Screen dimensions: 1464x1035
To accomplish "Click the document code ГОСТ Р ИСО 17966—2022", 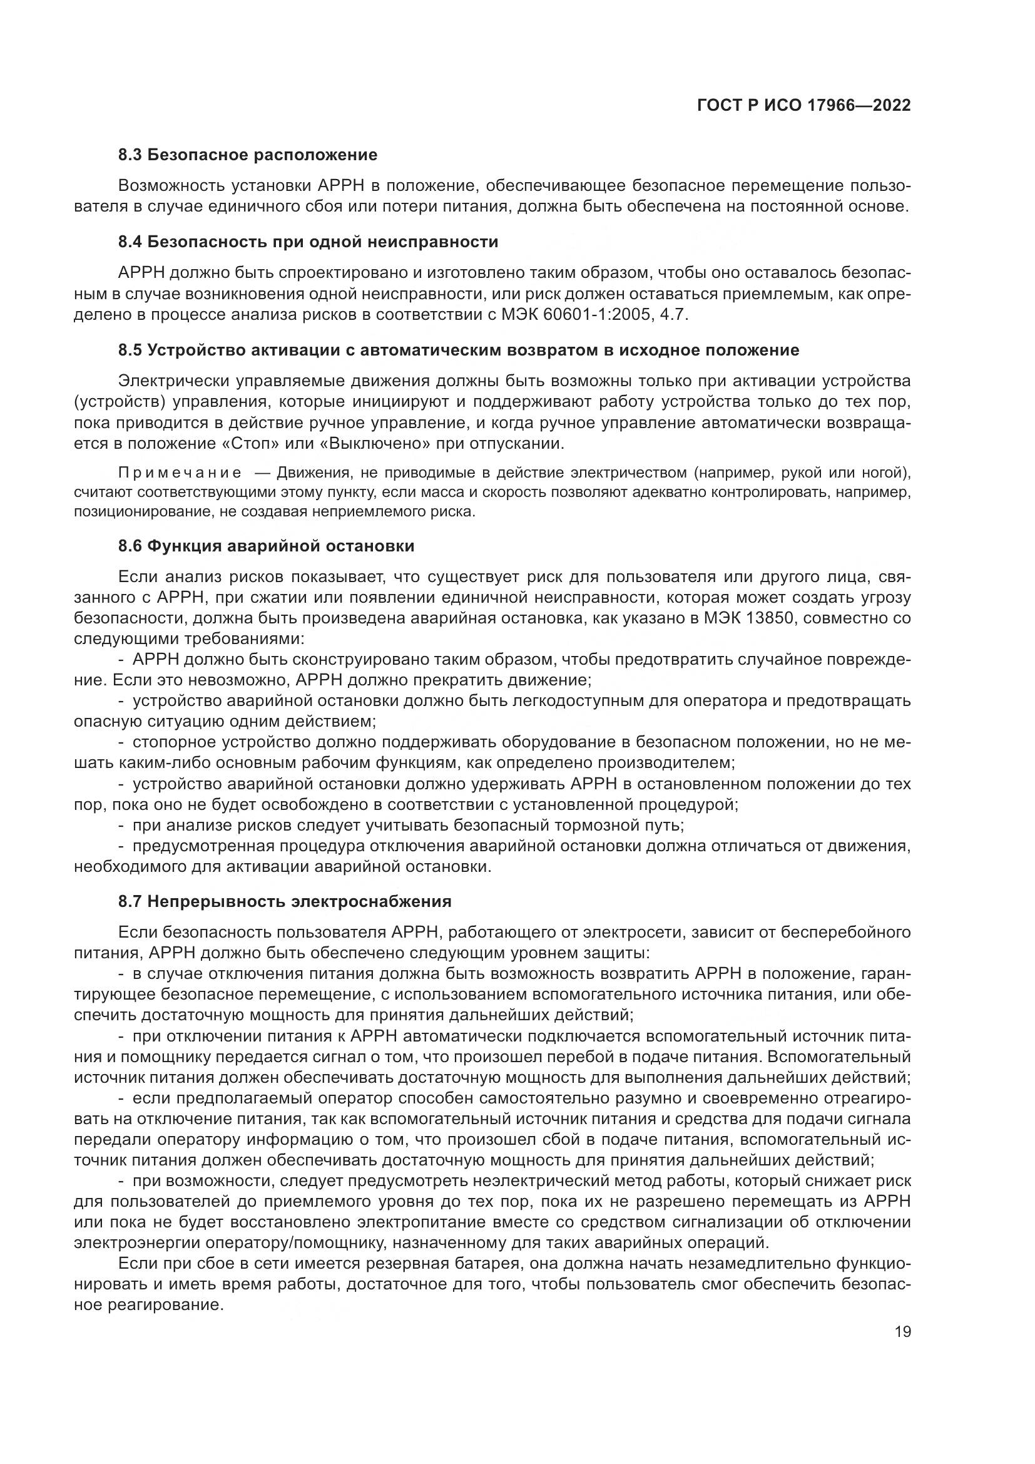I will click(x=803, y=105).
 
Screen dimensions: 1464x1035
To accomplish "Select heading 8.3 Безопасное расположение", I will click(x=248, y=155).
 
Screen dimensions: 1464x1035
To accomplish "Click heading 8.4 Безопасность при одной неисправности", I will click(x=308, y=242).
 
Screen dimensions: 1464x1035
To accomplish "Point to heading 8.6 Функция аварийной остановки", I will click(x=267, y=546).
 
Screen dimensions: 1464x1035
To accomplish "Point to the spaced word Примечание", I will click(x=180, y=473).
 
